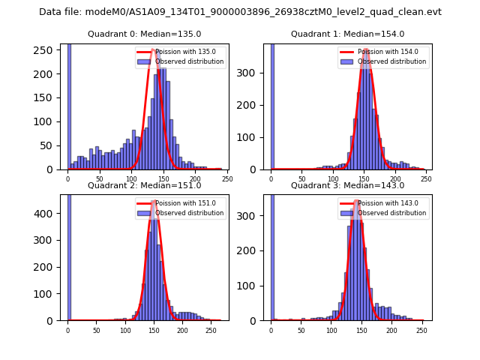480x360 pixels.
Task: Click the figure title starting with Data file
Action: (240, 12)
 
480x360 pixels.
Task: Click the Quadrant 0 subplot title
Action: (144, 34)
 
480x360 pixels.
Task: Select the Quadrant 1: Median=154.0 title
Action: (347, 34)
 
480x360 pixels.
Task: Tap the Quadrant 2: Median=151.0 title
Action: (144, 185)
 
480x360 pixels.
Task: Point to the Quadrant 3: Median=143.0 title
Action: (347, 185)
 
